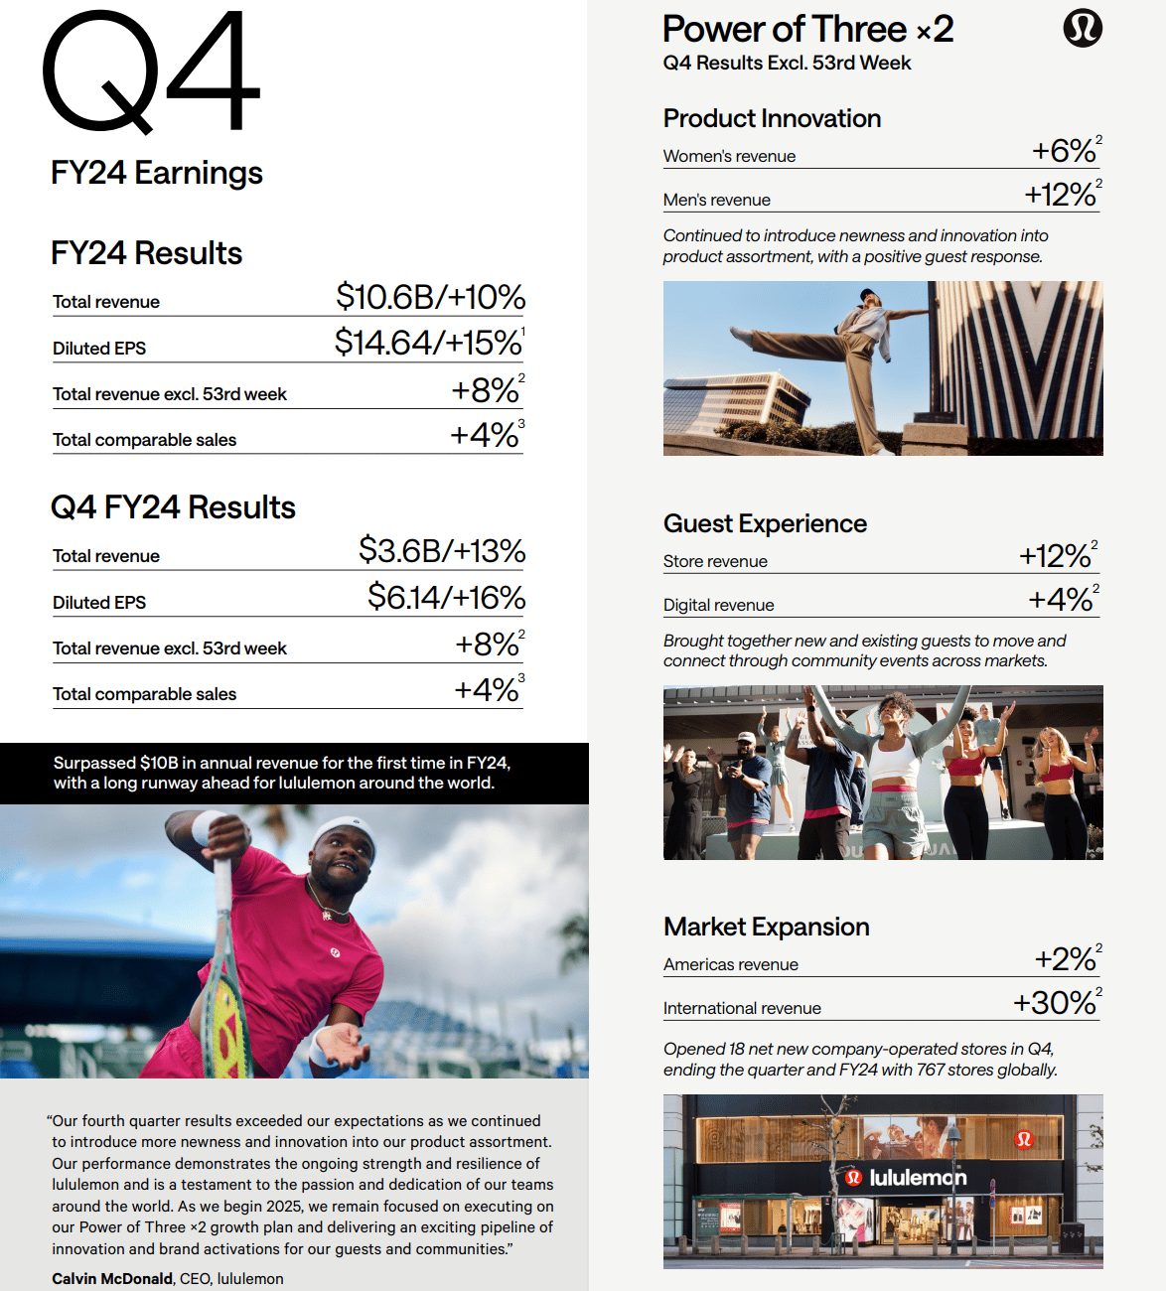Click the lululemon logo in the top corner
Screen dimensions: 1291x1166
(1083, 28)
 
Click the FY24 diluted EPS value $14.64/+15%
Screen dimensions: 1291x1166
(428, 343)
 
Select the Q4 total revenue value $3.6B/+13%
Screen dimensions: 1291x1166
(441, 551)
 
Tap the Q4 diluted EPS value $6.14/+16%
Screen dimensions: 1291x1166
(446, 597)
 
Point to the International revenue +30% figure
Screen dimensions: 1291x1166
(1055, 1003)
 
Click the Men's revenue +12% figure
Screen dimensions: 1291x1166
(1061, 195)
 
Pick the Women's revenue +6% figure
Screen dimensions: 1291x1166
(1064, 151)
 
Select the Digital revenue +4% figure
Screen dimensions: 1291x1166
(1061, 600)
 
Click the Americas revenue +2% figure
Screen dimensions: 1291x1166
(1065, 959)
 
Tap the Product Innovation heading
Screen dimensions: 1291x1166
(772, 118)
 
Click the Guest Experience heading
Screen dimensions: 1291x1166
(765, 523)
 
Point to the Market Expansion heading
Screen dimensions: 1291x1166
(766, 927)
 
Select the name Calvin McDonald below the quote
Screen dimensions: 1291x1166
(112, 1279)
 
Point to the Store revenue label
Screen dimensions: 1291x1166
(715, 561)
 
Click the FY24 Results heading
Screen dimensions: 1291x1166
(146, 253)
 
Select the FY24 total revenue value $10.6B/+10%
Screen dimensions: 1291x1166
(430, 297)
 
